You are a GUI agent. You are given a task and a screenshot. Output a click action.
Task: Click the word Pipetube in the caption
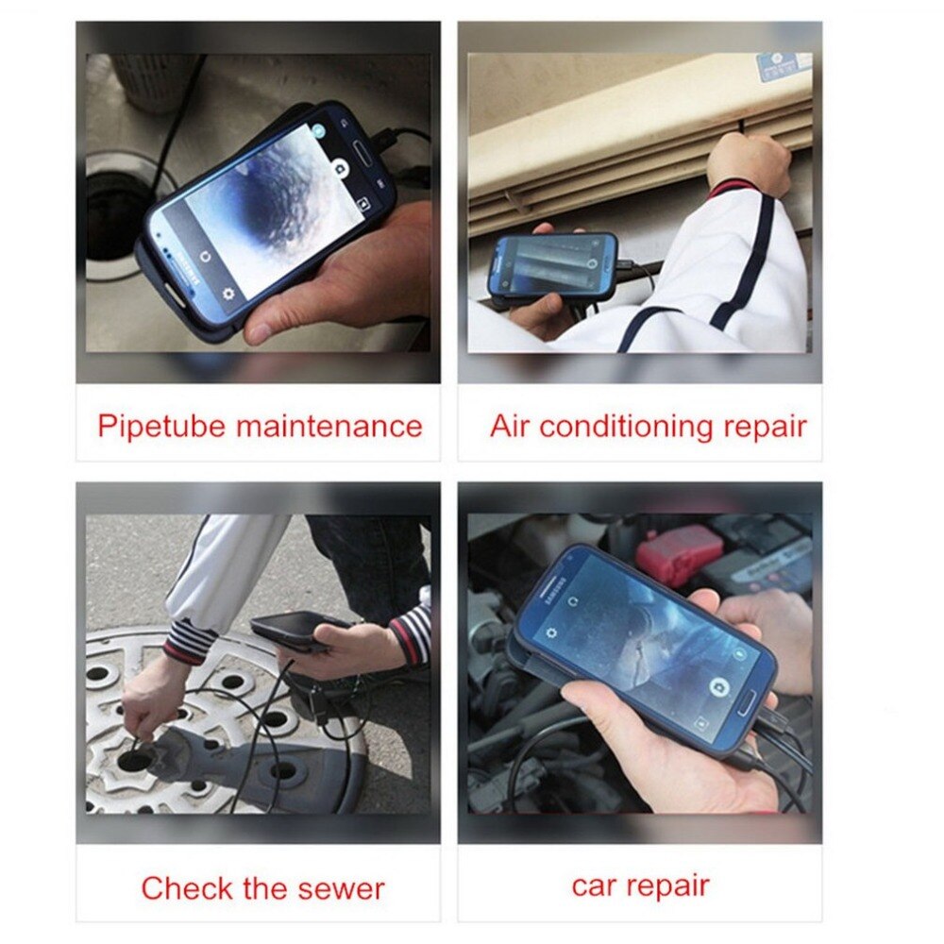pos(161,426)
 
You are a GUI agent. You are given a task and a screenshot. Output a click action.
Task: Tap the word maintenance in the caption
pos(329,426)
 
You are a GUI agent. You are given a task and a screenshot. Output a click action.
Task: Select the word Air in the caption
pos(511,426)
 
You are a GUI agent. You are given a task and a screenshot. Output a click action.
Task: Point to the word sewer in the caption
pos(335,888)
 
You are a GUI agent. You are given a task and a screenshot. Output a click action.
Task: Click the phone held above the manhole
pos(295,631)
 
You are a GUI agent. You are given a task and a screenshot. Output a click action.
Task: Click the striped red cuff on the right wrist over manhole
pos(410,634)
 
